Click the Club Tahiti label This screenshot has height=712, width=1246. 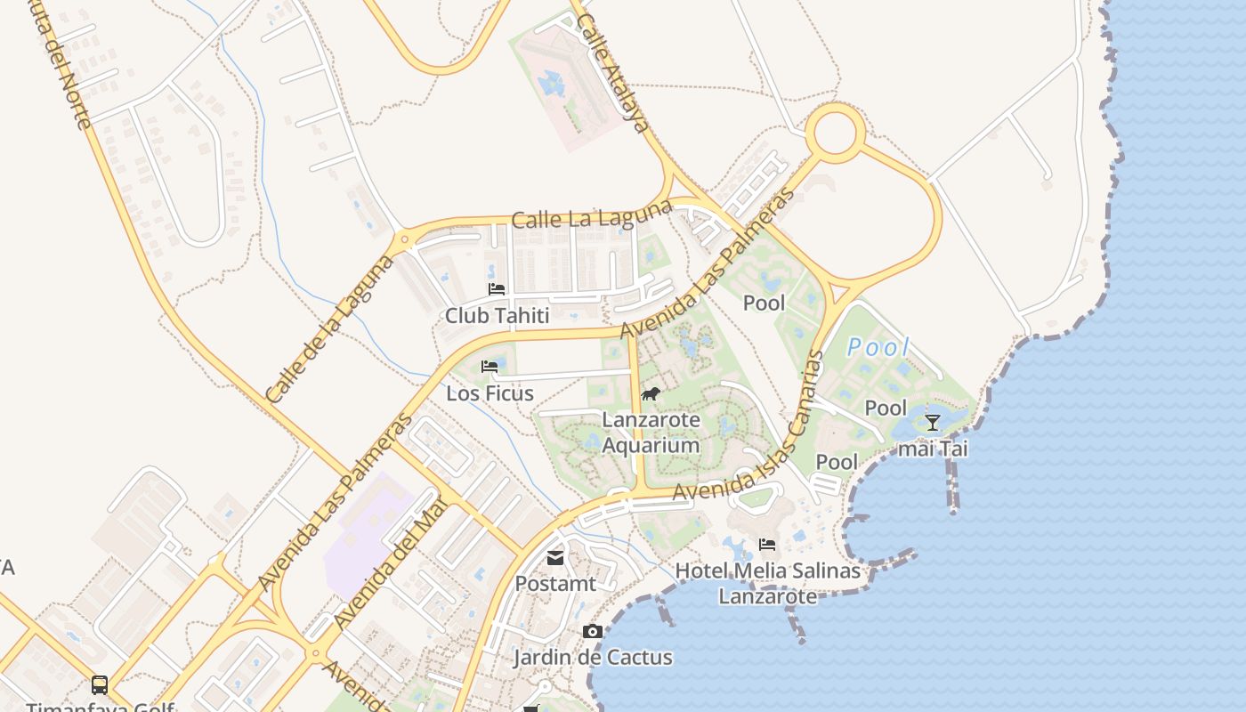click(497, 315)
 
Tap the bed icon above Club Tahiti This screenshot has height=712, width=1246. click(497, 289)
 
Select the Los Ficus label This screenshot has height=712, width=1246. click(489, 393)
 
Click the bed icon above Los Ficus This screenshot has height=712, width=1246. click(489, 366)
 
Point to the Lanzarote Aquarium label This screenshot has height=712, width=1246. click(651, 432)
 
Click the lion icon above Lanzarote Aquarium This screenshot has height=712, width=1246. click(651, 393)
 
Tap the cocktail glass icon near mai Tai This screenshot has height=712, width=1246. click(932, 423)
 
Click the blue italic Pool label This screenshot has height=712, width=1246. click(878, 348)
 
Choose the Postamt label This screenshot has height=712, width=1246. click(555, 584)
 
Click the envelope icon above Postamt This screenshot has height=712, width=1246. click(555, 558)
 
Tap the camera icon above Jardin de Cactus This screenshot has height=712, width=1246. click(592, 632)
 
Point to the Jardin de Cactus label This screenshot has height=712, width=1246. click(592, 658)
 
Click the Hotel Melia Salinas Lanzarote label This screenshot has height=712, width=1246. click(767, 583)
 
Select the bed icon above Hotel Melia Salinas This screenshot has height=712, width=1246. click(767, 545)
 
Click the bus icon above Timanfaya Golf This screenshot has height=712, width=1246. click(100, 685)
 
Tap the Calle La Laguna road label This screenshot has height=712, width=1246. click(591, 214)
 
